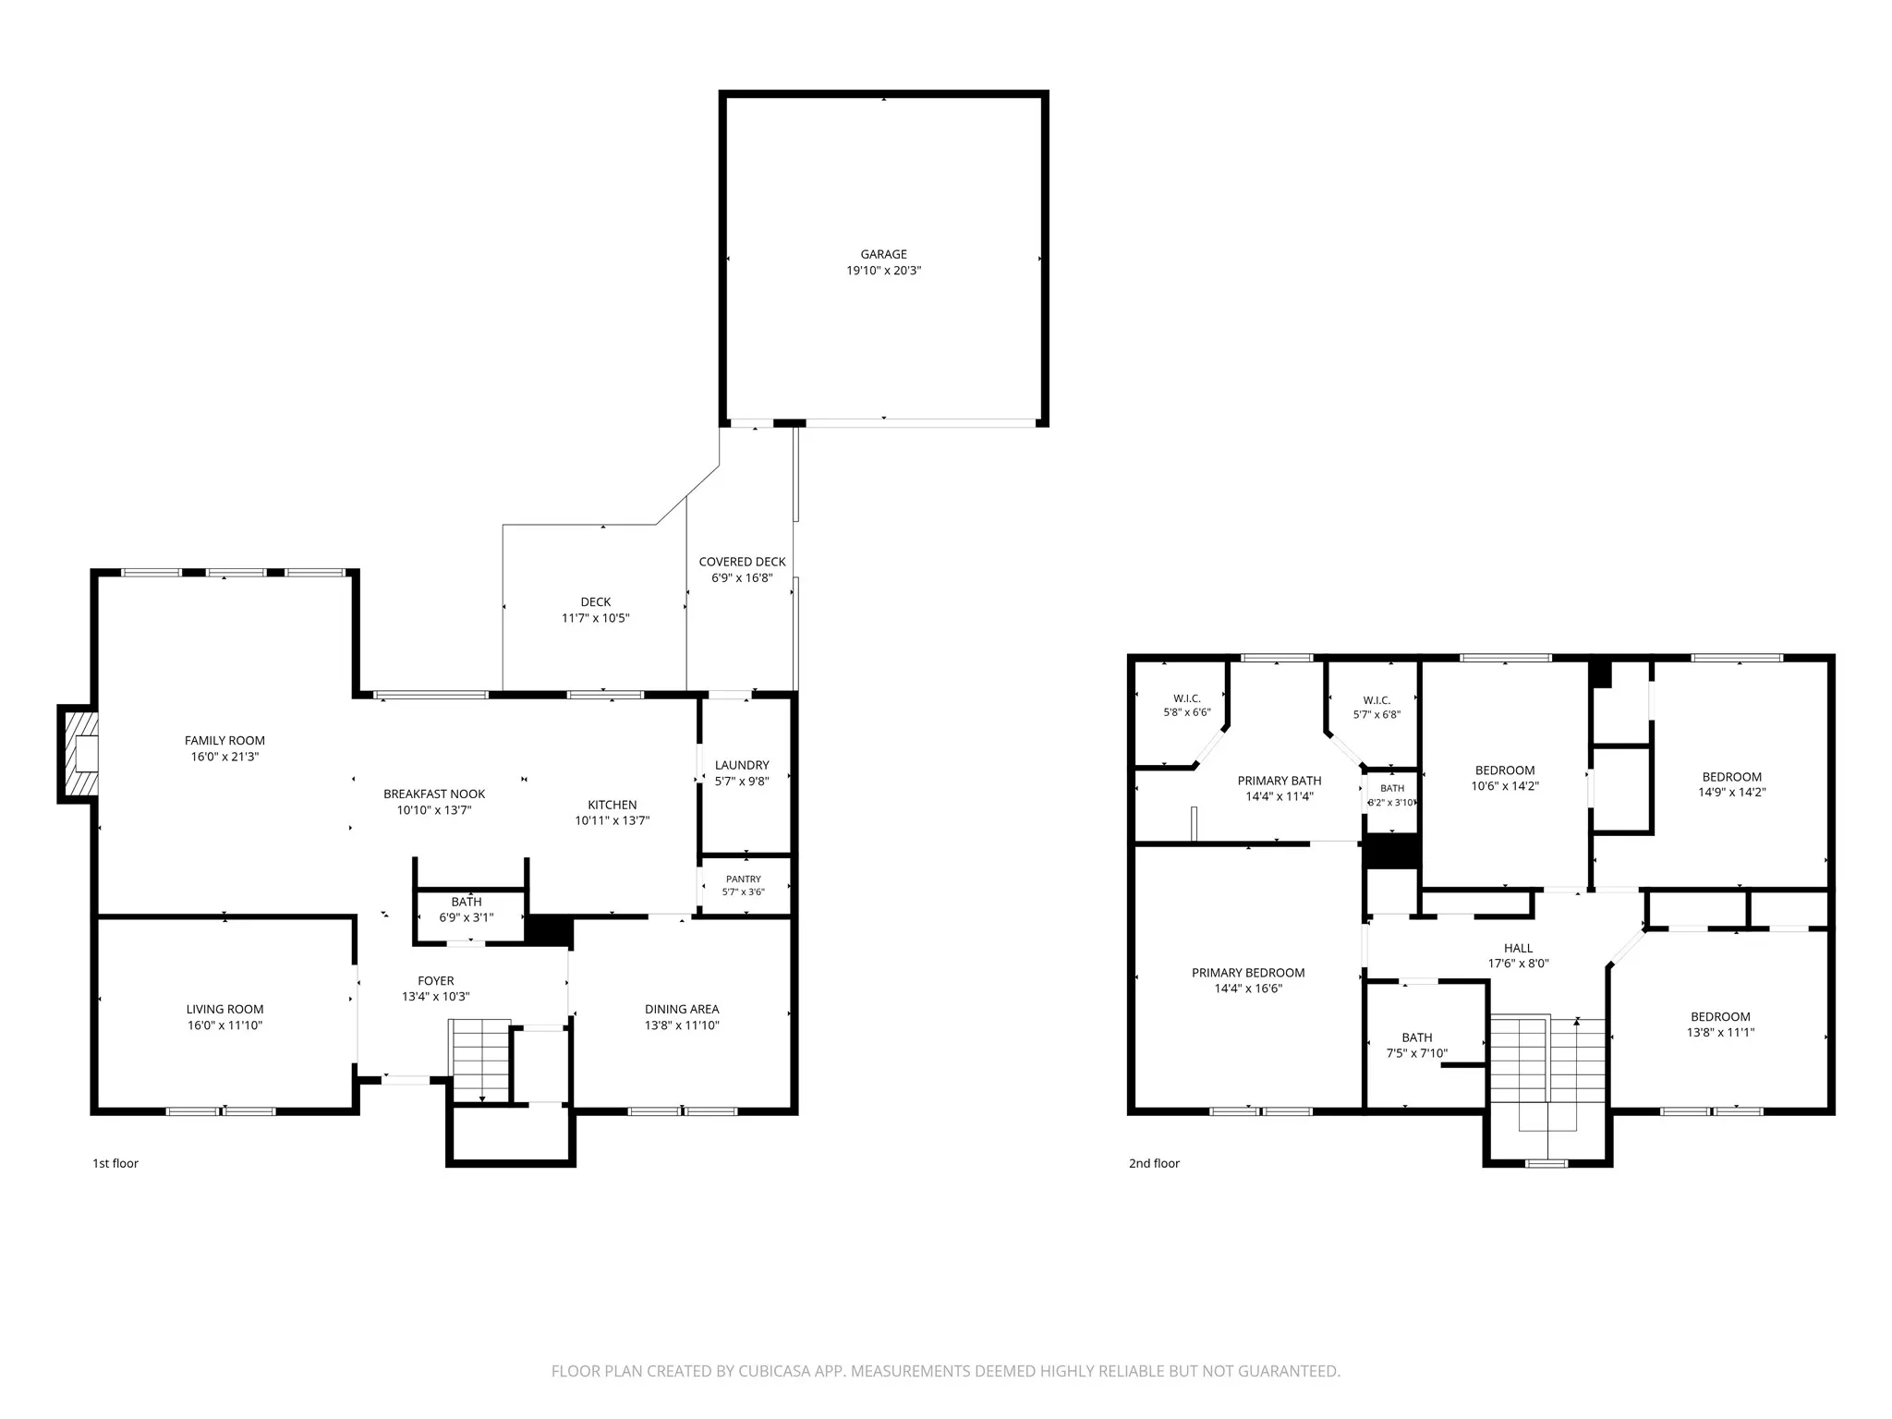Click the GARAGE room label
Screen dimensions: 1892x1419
(883, 254)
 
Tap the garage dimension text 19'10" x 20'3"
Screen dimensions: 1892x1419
(883, 271)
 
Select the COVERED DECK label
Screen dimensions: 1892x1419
(742, 562)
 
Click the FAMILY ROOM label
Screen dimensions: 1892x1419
(224, 740)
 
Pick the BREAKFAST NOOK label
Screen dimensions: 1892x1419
(434, 794)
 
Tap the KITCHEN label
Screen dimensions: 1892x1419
(612, 805)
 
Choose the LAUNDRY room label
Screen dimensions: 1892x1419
(742, 765)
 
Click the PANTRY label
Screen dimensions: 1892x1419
(744, 879)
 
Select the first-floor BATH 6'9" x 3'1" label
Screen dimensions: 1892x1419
(467, 902)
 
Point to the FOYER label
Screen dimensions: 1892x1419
(436, 981)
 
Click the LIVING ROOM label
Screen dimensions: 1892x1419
(224, 1010)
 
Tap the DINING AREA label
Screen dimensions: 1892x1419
(682, 1010)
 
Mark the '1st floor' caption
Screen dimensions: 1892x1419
(115, 1163)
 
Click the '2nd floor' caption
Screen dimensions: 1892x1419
(1154, 1163)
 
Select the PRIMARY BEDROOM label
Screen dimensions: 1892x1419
(1248, 973)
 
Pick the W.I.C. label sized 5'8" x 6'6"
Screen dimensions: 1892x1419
(1187, 699)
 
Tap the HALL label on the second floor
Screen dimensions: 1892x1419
(1518, 948)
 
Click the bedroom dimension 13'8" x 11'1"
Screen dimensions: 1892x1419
(1720, 1033)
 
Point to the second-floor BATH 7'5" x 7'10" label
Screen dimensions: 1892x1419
(1416, 1037)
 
